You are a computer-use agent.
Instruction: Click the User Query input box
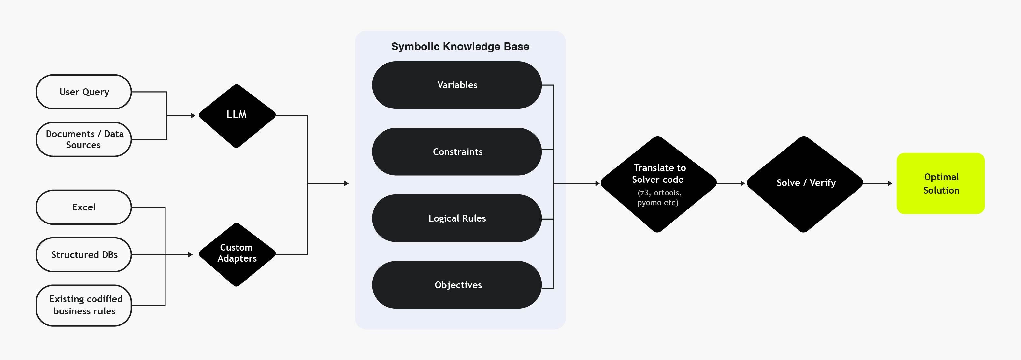pos(84,92)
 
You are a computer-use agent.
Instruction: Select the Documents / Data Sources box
pos(84,139)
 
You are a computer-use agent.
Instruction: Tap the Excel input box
pos(84,207)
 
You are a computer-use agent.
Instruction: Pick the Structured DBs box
pos(84,254)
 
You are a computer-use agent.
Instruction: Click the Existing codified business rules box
pos(84,305)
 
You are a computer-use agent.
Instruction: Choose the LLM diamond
pos(237,115)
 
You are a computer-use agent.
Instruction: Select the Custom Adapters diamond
pos(237,254)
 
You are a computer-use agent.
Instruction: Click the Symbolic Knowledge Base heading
pos(460,46)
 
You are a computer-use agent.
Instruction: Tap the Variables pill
pos(457,85)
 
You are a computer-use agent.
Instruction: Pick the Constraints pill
pos(457,151)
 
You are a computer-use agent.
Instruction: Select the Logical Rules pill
pos(457,218)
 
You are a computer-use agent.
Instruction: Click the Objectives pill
pos(457,285)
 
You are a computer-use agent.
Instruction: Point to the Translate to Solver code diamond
pos(658,174)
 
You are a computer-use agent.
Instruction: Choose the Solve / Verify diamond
pos(805,183)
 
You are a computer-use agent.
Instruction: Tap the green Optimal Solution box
pos(940,183)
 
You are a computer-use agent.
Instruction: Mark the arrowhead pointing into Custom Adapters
pos(191,254)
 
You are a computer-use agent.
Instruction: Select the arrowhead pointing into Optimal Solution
pos(890,183)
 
